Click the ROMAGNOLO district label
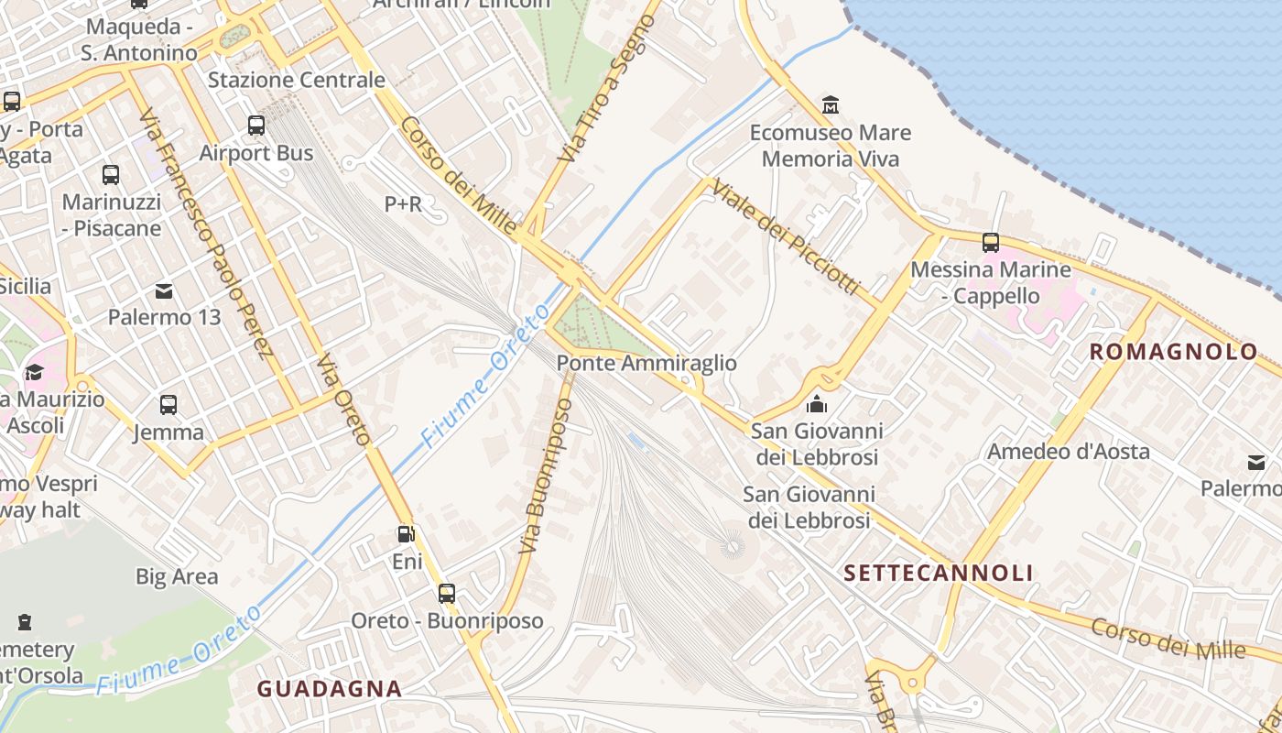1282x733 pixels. pos(1173,352)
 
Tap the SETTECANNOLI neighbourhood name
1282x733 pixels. pos(938,574)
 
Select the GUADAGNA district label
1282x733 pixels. pos(329,689)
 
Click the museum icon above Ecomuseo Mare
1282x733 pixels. pos(831,104)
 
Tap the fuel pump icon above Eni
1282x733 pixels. pos(407,534)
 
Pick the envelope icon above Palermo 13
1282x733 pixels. pos(165,291)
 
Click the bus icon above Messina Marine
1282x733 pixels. pos(990,243)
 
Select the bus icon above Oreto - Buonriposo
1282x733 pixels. pos(447,594)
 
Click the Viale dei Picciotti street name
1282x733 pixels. pos(786,237)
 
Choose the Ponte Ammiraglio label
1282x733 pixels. pos(646,364)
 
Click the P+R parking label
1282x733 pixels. pos(403,204)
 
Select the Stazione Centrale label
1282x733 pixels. pos(297,80)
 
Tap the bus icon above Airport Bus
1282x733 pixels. pos(256,126)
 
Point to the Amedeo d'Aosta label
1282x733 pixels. pos(1068,451)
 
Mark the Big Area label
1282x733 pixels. pos(177,576)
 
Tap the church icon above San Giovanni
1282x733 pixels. pos(816,404)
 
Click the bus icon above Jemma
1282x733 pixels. pos(168,405)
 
